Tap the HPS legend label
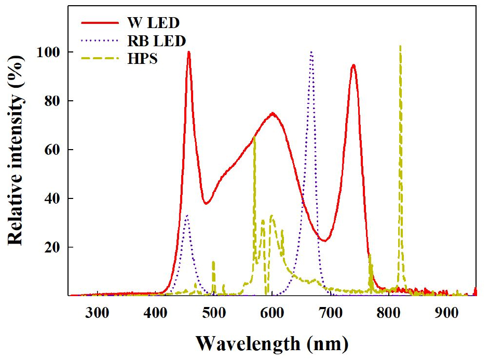pyautogui.click(x=142, y=58)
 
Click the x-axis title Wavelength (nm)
pyautogui.click(x=272, y=343)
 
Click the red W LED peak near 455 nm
pyautogui.click(x=188, y=52)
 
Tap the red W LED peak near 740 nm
pyautogui.click(x=354, y=65)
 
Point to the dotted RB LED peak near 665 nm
pyautogui.click(x=311, y=52)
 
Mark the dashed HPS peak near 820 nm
pyautogui.click(x=400, y=46)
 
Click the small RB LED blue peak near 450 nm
pyautogui.click(x=187, y=215)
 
